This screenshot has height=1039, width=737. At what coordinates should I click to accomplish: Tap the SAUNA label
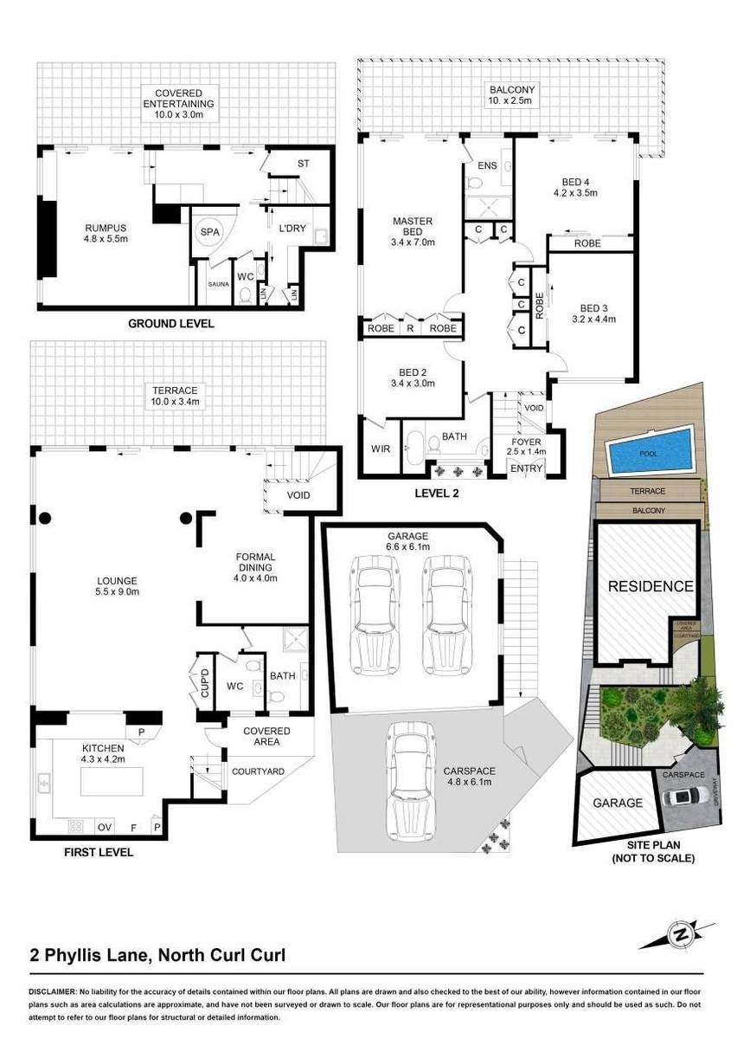pos(217,283)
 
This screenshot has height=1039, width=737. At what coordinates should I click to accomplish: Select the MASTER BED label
pos(412,231)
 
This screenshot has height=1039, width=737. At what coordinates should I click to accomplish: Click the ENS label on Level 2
pos(485,166)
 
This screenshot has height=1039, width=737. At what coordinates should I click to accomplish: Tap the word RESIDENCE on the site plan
pos(650,586)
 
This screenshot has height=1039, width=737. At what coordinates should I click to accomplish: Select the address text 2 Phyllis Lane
pos(90,956)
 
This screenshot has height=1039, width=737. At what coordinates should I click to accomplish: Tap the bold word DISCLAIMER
pos(53,990)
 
